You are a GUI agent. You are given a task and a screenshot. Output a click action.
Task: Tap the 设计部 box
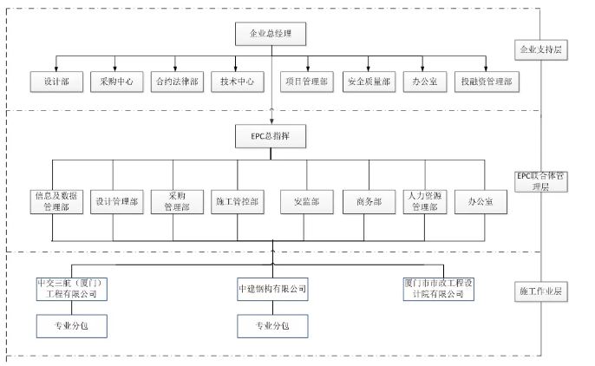click(56, 82)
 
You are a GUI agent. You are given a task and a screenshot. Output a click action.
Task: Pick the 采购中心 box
click(116, 82)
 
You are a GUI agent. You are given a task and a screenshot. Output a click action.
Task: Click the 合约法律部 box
click(176, 82)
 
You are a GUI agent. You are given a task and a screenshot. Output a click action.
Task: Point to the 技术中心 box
click(236, 82)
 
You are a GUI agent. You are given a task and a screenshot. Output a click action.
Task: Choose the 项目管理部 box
click(307, 82)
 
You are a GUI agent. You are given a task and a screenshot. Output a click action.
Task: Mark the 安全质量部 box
click(368, 82)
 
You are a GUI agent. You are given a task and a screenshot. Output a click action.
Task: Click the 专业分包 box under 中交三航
click(72, 325)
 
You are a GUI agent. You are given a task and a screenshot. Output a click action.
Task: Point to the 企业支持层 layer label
click(539, 49)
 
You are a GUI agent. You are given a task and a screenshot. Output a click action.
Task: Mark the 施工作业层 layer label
click(539, 291)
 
